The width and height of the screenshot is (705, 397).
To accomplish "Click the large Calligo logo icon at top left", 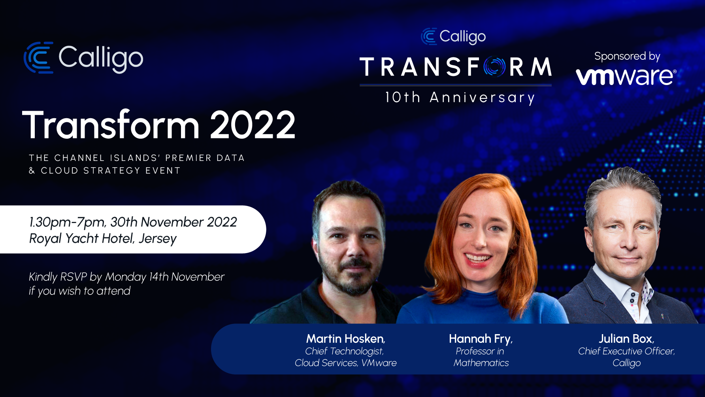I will point(38,58).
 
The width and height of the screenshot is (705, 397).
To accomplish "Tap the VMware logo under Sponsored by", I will point(626,76).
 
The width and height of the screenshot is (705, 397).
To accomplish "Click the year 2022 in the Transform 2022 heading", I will point(252,125).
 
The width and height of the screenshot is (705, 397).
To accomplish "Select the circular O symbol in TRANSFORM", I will point(494,66).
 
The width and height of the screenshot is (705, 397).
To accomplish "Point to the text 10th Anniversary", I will point(460,97).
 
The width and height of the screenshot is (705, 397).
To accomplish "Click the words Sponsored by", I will point(627,56).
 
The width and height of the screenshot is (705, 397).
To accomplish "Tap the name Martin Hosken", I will point(345,339).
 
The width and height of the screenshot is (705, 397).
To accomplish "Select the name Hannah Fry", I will point(480,339).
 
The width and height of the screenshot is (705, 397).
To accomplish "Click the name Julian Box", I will point(626,339).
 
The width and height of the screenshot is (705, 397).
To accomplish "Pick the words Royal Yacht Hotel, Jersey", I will point(103,239).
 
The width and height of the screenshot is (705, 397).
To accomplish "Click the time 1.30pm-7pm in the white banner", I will point(67,222).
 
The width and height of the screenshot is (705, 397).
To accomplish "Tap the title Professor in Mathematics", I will point(481,357).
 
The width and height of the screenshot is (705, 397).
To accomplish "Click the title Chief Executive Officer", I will point(626,351).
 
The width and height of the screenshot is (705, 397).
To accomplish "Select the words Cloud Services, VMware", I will point(345,363).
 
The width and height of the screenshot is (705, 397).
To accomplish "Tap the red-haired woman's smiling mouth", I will point(477,259).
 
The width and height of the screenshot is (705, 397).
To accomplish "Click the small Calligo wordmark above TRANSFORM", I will point(462,37).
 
